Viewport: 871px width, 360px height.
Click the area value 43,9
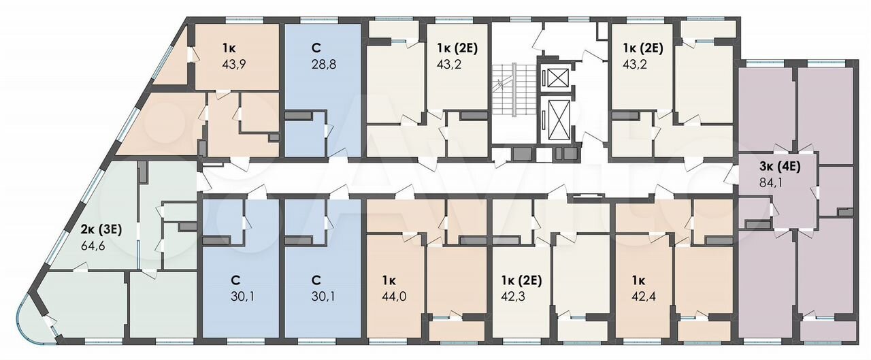[235, 64]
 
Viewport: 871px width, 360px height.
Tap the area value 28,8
[323, 64]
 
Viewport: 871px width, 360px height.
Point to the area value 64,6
[93, 246]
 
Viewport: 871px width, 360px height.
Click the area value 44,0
[394, 297]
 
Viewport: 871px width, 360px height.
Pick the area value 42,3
[513, 297]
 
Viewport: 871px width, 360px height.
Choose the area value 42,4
[644, 297]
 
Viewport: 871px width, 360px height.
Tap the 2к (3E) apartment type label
[101, 230]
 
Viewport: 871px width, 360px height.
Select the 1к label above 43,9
[229, 48]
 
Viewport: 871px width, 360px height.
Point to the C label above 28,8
[316, 48]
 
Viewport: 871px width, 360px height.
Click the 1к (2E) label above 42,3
[521, 280]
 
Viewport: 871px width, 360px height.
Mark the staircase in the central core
[514, 89]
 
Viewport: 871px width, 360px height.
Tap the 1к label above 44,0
[388, 280]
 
